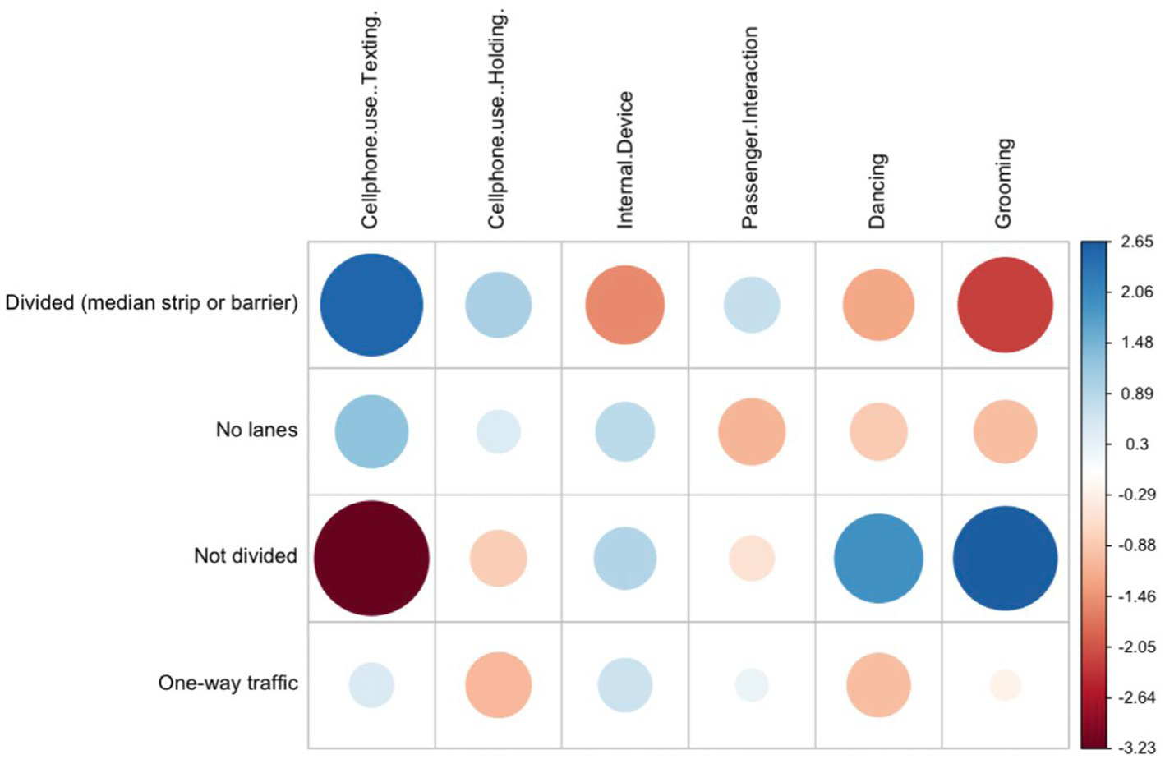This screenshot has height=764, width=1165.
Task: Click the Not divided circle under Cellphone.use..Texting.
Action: point(371,558)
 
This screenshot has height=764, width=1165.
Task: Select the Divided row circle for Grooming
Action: point(1005,305)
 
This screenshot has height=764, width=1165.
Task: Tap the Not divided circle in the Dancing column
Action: point(878,558)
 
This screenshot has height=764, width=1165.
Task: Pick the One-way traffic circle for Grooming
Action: point(1005,684)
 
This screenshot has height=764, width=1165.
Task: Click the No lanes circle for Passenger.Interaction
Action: point(752,431)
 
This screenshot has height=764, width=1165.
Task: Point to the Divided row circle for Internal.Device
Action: point(624,305)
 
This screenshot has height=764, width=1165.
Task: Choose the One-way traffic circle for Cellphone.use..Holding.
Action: point(498,684)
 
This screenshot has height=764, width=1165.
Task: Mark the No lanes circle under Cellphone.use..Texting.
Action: point(371,431)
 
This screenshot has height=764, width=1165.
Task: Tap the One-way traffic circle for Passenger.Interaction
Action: point(752,684)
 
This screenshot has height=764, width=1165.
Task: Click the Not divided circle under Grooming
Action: point(1005,558)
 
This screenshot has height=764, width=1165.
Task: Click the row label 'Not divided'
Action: point(245,556)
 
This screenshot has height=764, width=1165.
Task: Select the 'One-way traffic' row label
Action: point(228,683)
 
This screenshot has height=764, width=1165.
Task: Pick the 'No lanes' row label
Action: point(256,430)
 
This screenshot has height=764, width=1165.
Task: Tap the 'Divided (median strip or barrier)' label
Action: point(151,303)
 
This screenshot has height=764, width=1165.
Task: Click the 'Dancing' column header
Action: point(877,191)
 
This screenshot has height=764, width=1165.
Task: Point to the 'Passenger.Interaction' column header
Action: point(750,127)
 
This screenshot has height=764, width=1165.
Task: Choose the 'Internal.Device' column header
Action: point(624,159)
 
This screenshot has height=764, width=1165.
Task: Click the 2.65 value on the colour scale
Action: point(1137,242)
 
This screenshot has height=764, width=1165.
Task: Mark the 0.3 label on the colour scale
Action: point(1137,444)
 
